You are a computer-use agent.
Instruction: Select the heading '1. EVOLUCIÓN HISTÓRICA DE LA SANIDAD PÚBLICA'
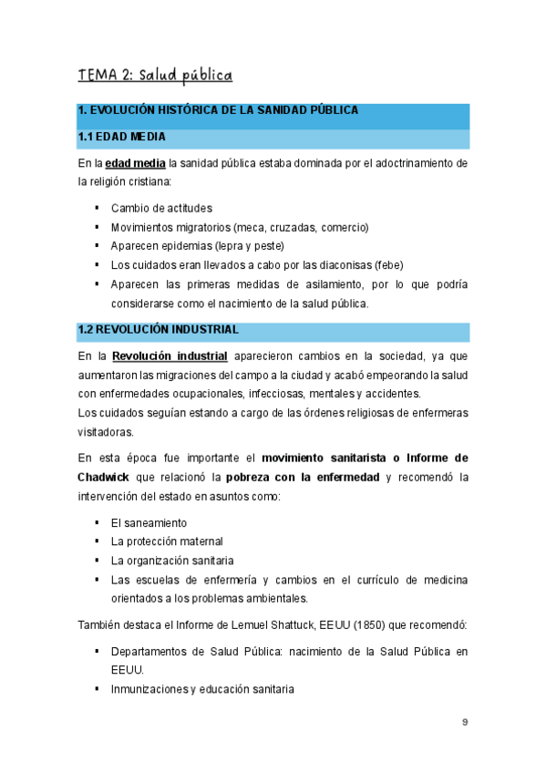pyautogui.click(x=218, y=110)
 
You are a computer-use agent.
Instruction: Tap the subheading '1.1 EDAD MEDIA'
pyautogui.click(x=121, y=138)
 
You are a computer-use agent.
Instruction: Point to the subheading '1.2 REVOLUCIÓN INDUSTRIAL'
pyautogui.click(x=159, y=329)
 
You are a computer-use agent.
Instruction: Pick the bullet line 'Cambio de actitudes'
pyautogui.click(x=161, y=208)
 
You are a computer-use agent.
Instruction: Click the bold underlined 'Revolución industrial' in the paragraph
pyautogui.click(x=170, y=356)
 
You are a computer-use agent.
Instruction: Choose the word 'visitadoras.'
pyautogui.click(x=106, y=432)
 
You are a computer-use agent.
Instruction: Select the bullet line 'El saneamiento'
pyautogui.click(x=149, y=522)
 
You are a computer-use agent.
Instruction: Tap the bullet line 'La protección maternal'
pyautogui.click(x=167, y=541)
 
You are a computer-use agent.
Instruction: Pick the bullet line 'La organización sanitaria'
pyautogui.click(x=171, y=561)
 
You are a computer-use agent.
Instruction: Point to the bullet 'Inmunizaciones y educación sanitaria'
pyautogui.click(x=202, y=690)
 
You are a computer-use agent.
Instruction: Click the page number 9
pyautogui.click(x=465, y=722)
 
